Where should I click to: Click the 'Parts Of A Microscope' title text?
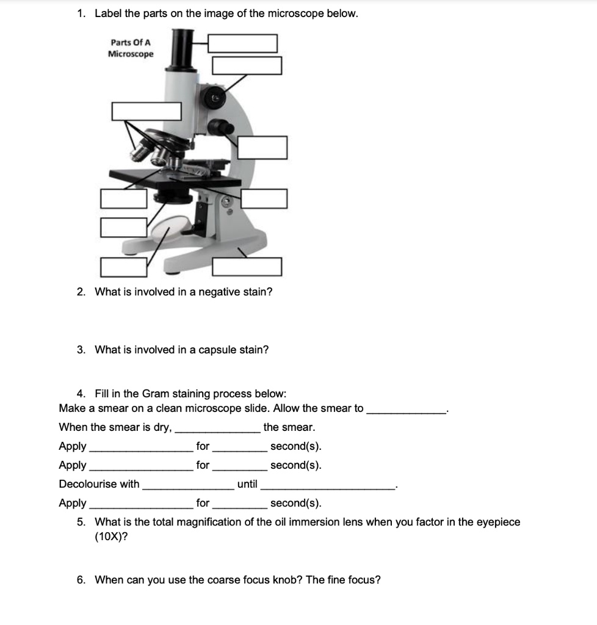(131, 48)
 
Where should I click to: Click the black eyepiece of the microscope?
(180, 49)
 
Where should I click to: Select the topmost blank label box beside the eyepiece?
(242, 43)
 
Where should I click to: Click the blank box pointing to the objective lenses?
(147, 111)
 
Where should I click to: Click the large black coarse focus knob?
(217, 128)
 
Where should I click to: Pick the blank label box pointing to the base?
(247, 267)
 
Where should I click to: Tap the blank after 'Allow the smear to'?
(405, 409)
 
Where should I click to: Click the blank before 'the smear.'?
(218, 428)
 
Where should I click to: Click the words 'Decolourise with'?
(99, 484)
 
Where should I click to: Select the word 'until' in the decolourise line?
(247, 484)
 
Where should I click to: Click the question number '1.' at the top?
(82, 13)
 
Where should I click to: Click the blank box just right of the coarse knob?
(262, 147)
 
